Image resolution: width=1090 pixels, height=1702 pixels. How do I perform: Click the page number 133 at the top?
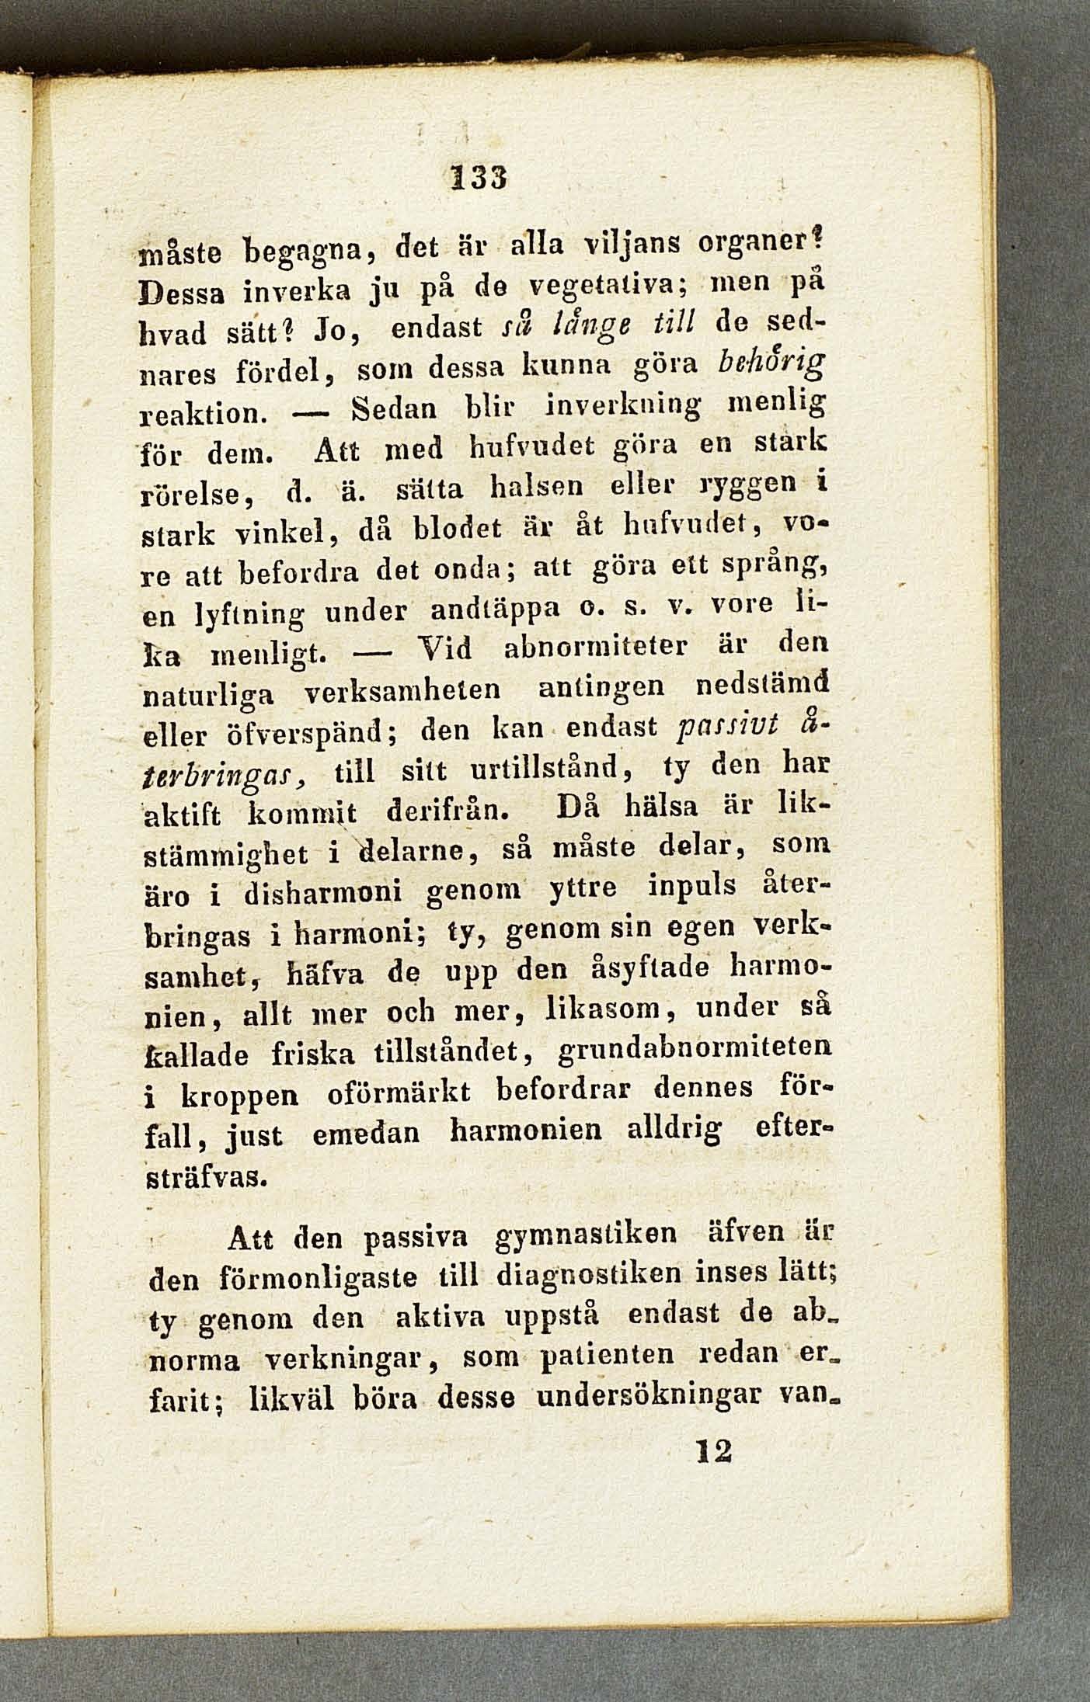tap(472, 183)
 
